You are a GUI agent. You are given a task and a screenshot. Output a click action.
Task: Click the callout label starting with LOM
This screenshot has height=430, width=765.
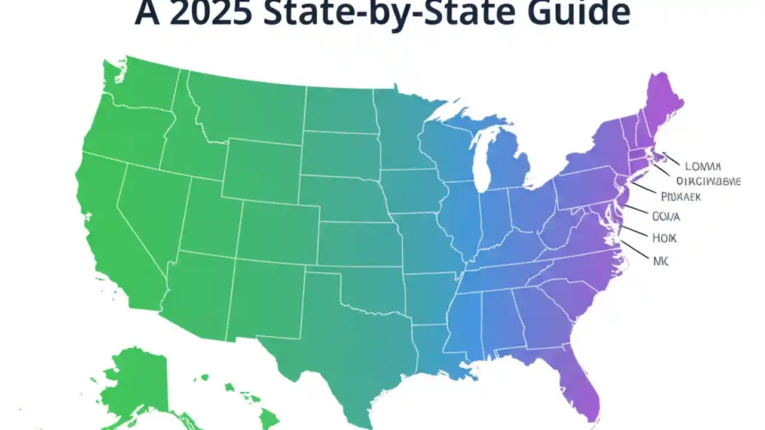point(703,166)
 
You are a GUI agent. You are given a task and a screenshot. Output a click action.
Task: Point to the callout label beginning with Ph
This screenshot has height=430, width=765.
point(681,196)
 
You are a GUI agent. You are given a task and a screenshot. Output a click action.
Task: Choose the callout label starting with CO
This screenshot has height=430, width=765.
point(666,216)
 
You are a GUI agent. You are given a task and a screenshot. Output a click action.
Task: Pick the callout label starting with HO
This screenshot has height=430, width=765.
point(664,238)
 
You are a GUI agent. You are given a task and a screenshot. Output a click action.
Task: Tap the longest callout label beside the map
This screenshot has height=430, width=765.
point(708,181)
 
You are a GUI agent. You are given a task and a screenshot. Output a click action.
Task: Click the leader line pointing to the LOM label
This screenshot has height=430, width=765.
point(671,158)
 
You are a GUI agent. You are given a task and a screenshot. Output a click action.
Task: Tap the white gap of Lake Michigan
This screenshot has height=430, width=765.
point(481,161)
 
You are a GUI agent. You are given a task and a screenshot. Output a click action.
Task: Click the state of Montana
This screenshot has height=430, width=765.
point(245,107)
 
